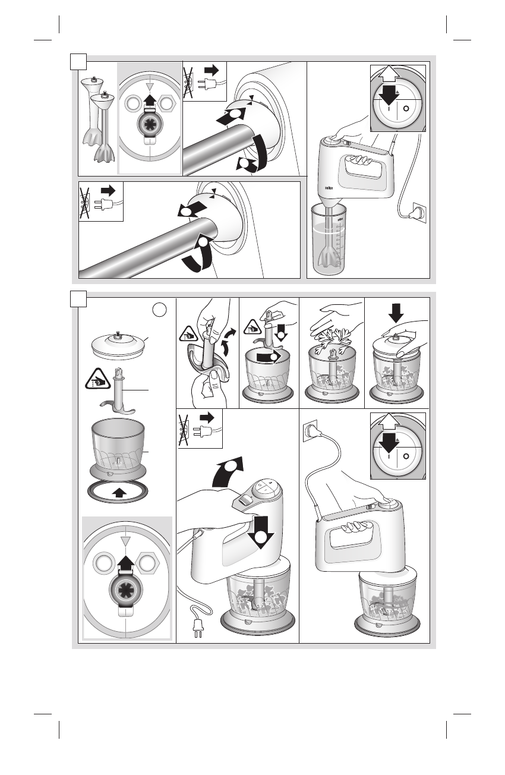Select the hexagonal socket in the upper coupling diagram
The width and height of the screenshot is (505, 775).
pyautogui.click(x=168, y=104)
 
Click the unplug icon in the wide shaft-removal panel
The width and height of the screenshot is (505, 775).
pyautogui.click(x=102, y=201)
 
